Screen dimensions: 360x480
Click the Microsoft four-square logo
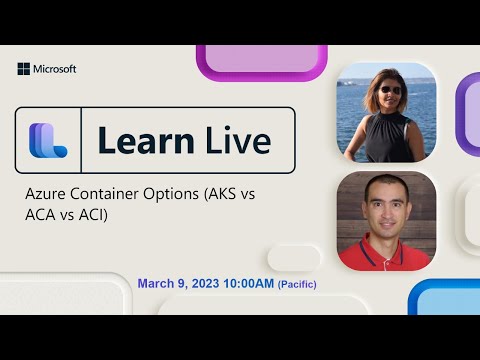pyautogui.click(x=23, y=69)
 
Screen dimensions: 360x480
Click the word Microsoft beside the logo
pyautogui.click(x=55, y=69)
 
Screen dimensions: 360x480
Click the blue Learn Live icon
pyautogui.click(x=47, y=141)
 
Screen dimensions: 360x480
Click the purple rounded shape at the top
pyautogui.click(x=262, y=60)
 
